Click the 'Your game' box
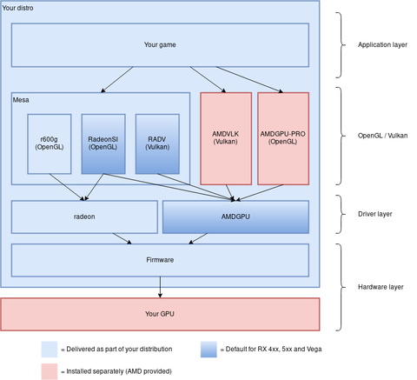(x=160, y=45)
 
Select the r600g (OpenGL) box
(x=50, y=144)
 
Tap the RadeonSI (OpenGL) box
(x=103, y=144)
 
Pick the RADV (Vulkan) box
(x=157, y=144)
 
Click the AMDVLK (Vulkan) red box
(x=226, y=138)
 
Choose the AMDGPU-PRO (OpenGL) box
(x=283, y=138)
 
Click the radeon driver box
(x=84, y=217)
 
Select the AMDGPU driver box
(x=235, y=217)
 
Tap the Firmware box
(x=160, y=260)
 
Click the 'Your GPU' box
(x=160, y=314)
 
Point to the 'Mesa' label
(x=21, y=100)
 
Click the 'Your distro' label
(x=17, y=8)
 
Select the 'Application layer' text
(x=382, y=45)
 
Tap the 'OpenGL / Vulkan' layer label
(x=383, y=136)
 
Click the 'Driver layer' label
(x=375, y=214)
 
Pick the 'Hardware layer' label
(x=381, y=287)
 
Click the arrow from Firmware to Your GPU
(x=160, y=287)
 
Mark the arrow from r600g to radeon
(x=67, y=187)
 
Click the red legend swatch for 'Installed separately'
(x=50, y=371)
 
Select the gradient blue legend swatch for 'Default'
(x=208, y=350)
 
